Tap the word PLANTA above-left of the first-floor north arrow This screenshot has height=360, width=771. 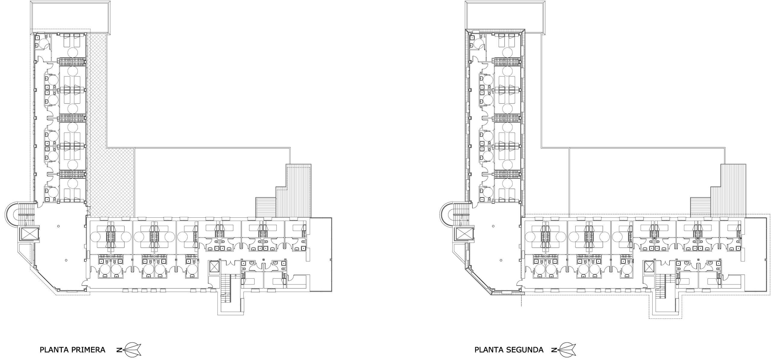pos(54,349)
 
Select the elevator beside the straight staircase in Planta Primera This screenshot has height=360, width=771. pos(214,267)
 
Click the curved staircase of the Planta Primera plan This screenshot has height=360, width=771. pos(21,214)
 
